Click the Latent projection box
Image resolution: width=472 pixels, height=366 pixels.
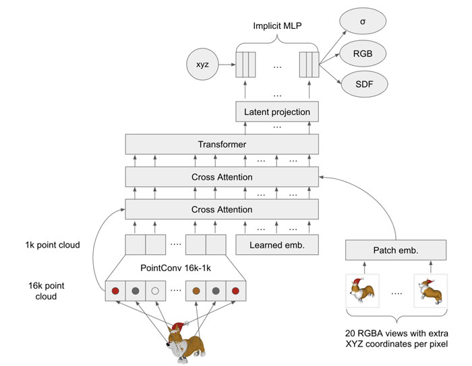click(276, 112)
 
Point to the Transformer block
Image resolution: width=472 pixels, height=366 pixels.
click(222, 144)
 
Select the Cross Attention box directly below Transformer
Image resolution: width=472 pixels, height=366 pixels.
click(222, 177)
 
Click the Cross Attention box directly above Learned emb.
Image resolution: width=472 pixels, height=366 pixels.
click(222, 210)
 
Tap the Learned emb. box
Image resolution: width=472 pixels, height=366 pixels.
click(276, 245)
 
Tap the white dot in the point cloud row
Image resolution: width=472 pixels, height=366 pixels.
click(155, 292)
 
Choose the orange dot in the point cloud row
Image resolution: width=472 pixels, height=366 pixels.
click(196, 292)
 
